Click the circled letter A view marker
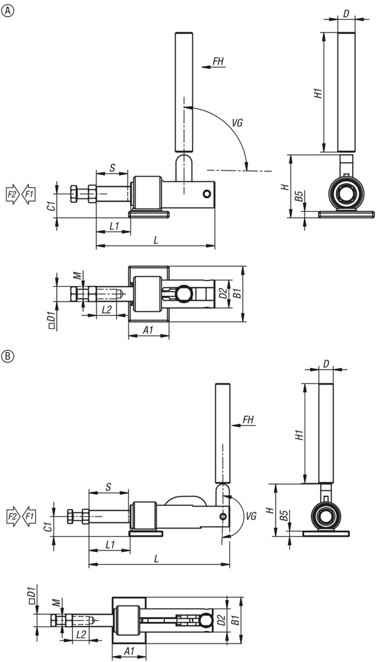(8, 11)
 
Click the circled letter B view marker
(8, 356)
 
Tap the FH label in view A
(218, 61)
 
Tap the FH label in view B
(249, 420)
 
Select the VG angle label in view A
(237, 122)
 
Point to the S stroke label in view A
(112, 168)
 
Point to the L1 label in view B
(110, 544)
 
